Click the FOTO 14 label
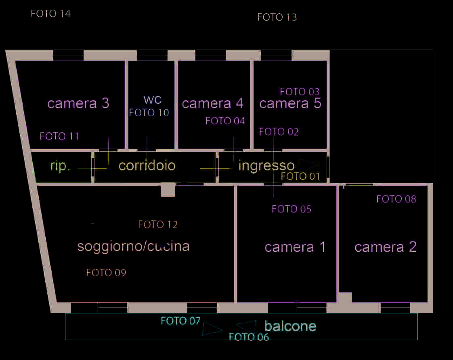pos(51,14)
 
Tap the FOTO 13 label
pos(277,17)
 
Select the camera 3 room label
pos(78,103)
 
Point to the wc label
pos(152,100)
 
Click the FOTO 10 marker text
pos(149,113)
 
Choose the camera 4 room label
pos(213,103)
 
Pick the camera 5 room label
pos(290,103)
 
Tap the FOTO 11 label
pos(59,136)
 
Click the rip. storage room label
pos(61,166)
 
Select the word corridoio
pos(147,165)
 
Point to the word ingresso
pos(266,165)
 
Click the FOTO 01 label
pos(300,176)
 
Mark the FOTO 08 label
pos(396,199)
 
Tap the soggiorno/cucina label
pos(133,246)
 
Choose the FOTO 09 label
pos(106,273)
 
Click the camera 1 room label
pos(295,247)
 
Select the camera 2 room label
pos(386,247)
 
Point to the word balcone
pos(290,326)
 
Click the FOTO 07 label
pos(180,321)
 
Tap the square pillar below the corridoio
pos(168,190)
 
